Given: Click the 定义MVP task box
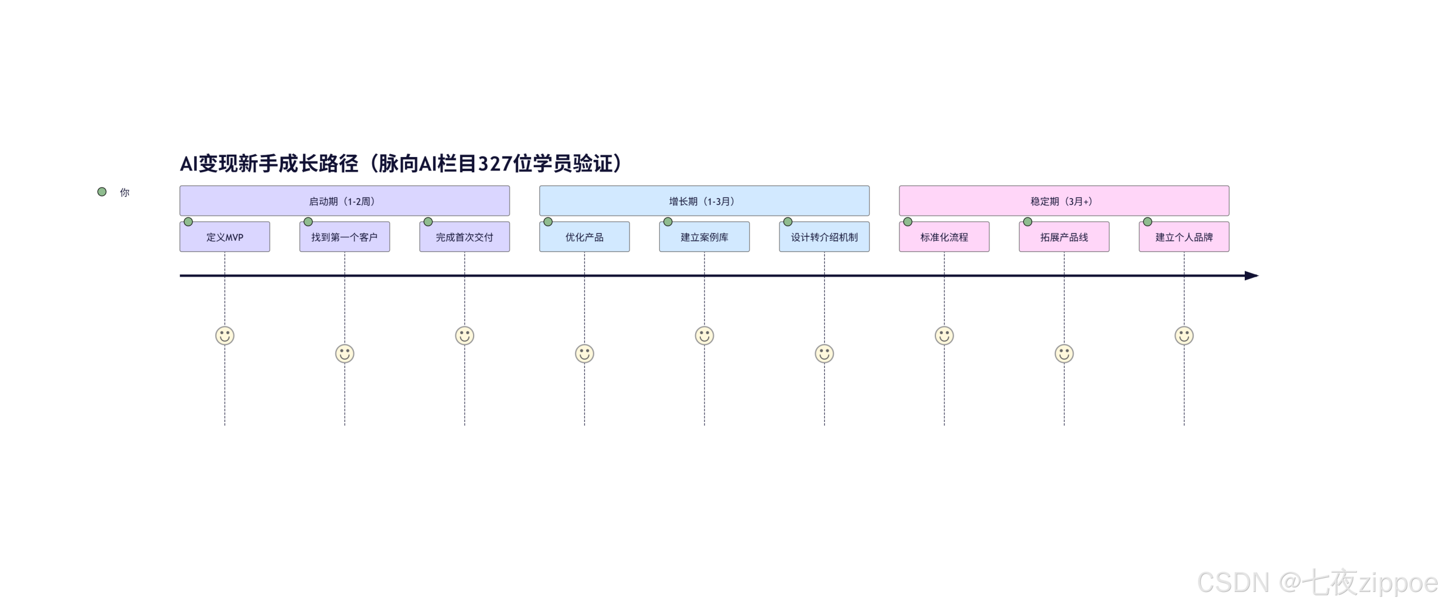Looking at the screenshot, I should click(x=224, y=237).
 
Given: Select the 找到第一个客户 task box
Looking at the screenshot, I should click(x=344, y=237).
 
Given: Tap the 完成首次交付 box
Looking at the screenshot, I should click(x=464, y=237).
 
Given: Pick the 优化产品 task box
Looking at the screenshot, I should click(x=584, y=237).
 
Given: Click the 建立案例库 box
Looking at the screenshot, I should click(x=704, y=237).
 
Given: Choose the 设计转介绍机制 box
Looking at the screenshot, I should click(x=823, y=237).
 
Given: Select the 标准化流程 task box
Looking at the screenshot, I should click(x=944, y=237).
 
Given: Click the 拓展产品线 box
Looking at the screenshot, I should click(x=1064, y=237).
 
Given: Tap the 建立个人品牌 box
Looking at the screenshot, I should click(x=1183, y=237).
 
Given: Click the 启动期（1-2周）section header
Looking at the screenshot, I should click(x=344, y=201).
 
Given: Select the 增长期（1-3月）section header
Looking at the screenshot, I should click(x=704, y=201).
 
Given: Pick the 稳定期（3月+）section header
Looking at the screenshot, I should click(x=1064, y=201).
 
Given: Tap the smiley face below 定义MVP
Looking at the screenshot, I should click(x=224, y=336).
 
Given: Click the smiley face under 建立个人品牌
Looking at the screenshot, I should click(x=1183, y=336).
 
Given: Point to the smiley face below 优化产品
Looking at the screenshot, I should click(x=584, y=354).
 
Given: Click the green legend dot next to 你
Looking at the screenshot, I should click(x=102, y=192).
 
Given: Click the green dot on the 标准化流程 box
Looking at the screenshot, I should click(x=907, y=222).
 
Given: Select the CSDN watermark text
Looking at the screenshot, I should click(x=1316, y=582).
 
